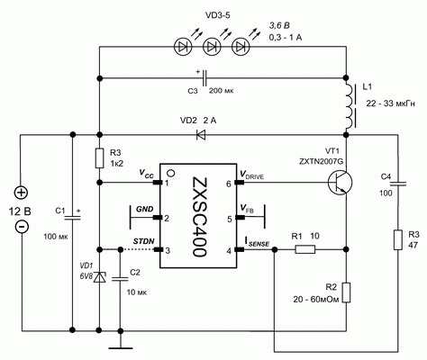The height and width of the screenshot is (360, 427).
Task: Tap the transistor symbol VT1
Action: click(x=340, y=183)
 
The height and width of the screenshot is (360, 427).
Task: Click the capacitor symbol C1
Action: click(x=70, y=215)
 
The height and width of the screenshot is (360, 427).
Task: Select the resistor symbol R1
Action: click(x=304, y=251)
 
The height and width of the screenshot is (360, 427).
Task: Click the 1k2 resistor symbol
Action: click(x=98, y=158)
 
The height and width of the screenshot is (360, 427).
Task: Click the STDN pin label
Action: click(x=143, y=241)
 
